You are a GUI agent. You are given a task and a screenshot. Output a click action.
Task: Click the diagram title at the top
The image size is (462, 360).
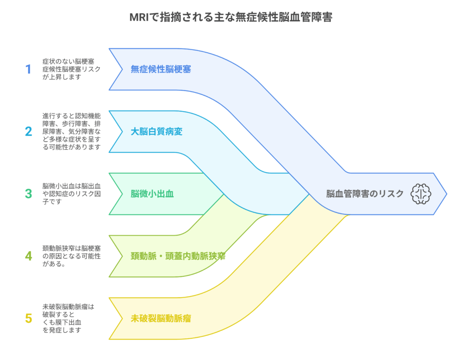click(231, 17)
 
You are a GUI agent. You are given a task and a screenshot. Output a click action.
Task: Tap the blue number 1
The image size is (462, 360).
click(28, 69)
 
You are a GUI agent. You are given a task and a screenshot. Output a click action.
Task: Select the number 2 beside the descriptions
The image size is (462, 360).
click(29, 132)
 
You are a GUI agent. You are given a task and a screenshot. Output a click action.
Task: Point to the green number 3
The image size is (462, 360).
click(29, 194)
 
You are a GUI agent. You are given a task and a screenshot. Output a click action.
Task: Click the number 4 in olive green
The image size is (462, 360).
click(29, 256)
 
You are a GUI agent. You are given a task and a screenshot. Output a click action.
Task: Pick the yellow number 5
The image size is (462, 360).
click(29, 318)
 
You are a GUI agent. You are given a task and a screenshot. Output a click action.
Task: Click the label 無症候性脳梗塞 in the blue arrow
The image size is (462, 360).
click(161, 69)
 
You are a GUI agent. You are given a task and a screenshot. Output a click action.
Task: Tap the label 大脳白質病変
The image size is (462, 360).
click(157, 132)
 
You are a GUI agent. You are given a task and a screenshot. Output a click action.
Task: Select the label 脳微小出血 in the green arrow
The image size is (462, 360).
click(152, 194)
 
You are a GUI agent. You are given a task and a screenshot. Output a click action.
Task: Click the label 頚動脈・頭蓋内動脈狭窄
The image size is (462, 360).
click(178, 256)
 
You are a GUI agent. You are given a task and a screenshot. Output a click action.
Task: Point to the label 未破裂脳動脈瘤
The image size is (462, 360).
click(161, 318)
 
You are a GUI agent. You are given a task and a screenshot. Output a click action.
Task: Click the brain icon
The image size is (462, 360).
click(421, 194)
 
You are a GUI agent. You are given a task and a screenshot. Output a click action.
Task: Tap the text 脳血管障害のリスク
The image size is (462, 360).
click(365, 194)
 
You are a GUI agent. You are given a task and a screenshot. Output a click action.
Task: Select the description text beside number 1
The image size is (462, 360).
click(71, 69)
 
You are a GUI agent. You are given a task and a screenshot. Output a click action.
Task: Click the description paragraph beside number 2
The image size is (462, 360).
click(71, 132)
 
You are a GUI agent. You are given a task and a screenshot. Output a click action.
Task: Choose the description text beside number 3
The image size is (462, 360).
click(71, 194)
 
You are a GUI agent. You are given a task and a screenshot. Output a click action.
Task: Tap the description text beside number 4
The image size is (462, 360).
click(71, 256)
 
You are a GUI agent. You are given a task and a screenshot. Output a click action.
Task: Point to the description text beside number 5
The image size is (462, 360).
click(68, 318)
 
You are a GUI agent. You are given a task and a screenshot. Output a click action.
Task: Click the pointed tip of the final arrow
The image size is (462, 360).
click(447, 194)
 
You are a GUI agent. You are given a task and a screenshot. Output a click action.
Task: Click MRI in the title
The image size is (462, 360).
click(139, 18)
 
